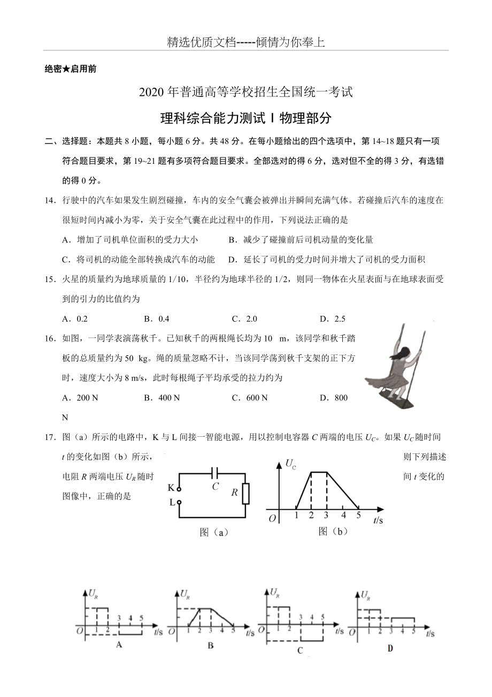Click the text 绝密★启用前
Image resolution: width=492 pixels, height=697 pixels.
tap(71, 69)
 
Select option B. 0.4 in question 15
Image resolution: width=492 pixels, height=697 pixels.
tap(157, 319)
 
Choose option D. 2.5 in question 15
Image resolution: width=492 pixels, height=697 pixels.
tap(333, 319)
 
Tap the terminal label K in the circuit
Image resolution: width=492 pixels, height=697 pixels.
tap(171, 488)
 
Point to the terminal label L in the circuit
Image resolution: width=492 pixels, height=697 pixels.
tap(172, 503)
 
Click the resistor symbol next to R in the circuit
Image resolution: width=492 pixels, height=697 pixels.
tap(245, 493)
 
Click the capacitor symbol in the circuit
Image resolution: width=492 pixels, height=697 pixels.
tap(215, 473)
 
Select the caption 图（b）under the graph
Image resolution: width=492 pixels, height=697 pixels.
tap(333, 531)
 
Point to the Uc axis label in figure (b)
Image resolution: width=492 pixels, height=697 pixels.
tap(291, 463)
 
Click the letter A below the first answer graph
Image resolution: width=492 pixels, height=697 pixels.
tap(119, 645)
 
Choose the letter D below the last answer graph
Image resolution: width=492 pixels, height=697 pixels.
tap(390, 648)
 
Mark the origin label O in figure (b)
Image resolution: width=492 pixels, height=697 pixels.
tap(272, 518)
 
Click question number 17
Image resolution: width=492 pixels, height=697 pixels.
tap(50, 437)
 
